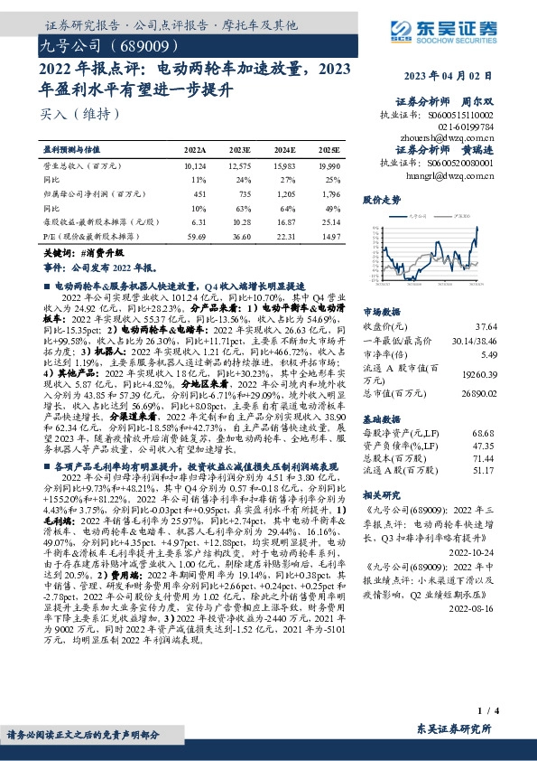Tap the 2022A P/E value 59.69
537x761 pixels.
(195, 235)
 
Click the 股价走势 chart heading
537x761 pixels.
(380, 199)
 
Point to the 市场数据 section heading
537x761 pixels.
(380, 310)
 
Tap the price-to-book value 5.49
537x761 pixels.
(488, 354)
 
